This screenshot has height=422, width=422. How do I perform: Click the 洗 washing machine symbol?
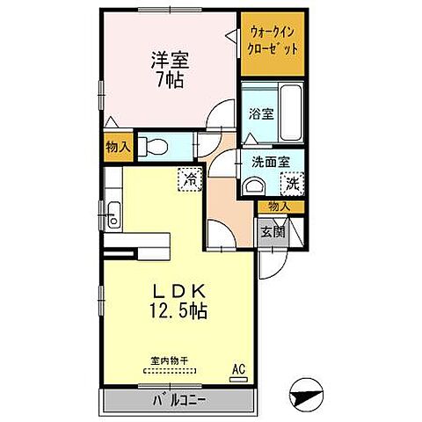click(x=291, y=183)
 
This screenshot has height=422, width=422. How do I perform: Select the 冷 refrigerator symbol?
click(x=190, y=179)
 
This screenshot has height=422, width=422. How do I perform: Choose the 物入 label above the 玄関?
click(x=279, y=206)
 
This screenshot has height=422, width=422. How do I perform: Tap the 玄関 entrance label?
click(x=273, y=232)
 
